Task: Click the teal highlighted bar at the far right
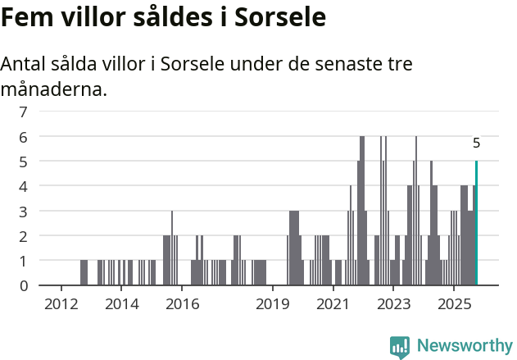pos(476,223)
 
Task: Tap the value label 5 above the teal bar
pos(476,144)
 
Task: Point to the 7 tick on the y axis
pos(24,112)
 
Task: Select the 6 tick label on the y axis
pos(24,136)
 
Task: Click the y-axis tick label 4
pos(24,186)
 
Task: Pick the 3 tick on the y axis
pos(24,211)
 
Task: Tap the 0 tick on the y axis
pos(24,285)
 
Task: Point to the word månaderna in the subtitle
pos(54,89)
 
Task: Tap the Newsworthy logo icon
pos(400,347)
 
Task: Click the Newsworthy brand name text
pos(464,346)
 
